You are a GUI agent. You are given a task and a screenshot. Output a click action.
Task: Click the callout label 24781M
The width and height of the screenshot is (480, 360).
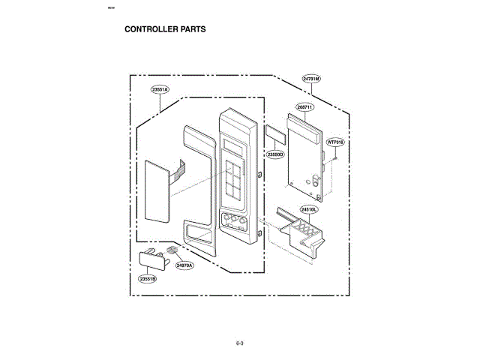coord(311,79)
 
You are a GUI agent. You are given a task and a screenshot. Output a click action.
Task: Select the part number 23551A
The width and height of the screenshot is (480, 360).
coord(160,90)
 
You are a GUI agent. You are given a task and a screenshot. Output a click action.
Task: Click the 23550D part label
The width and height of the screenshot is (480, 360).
coord(274,154)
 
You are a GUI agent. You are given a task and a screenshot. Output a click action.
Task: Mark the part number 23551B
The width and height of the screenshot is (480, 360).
coord(148,279)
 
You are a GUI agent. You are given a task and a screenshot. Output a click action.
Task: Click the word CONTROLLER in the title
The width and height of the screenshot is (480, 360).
coord(148,30)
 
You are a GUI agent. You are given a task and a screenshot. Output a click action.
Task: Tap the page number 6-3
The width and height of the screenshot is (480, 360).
coord(240,343)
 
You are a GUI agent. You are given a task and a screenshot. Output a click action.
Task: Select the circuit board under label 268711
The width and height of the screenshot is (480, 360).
coord(304,157)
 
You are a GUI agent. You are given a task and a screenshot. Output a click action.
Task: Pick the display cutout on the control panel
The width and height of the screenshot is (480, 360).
coord(233,147)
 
